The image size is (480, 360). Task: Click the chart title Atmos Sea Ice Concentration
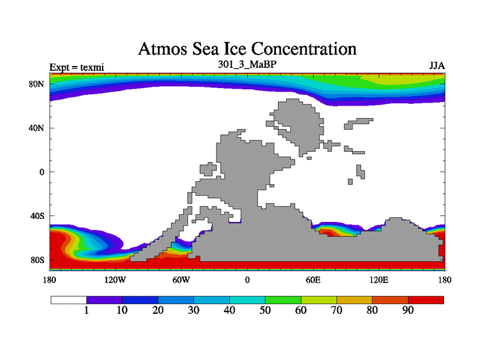coord(247,49)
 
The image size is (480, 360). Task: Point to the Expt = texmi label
coord(77,67)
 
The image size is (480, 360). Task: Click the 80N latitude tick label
coord(37,84)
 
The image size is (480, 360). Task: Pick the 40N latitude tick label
coord(37,128)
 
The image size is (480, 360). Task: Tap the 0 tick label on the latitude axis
coord(41,172)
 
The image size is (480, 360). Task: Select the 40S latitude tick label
coord(38,216)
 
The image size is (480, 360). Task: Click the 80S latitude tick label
coord(38,260)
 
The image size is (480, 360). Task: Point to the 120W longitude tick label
coord(115,280)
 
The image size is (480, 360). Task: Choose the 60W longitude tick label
coord(181,280)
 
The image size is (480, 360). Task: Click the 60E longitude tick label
coord(313,280)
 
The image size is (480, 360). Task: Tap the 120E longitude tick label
coord(379,280)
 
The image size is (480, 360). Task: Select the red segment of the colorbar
coord(426,299)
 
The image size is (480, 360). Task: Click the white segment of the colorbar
coord(68,299)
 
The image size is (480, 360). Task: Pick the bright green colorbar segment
coord(283,299)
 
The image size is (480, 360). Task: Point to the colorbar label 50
coord(265,310)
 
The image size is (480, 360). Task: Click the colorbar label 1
coord(86,310)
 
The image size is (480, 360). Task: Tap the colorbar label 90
coord(408,310)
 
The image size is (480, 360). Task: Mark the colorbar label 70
coord(337,310)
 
